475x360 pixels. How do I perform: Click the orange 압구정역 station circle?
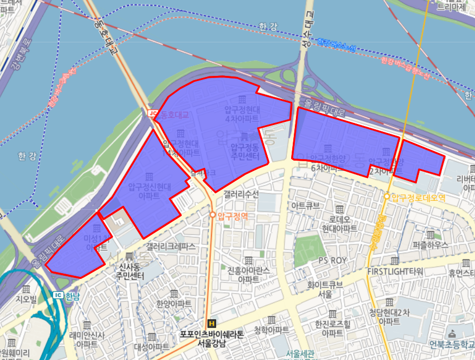[x=213, y=215]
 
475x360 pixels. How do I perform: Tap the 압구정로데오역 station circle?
[x=387, y=197]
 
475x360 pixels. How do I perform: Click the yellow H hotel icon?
[x=212, y=323]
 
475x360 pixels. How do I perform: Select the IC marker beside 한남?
[x=59, y=295]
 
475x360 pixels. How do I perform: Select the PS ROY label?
[x=333, y=261]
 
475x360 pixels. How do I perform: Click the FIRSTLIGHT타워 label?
[x=395, y=272]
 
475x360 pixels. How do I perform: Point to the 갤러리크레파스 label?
[x=170, y=245]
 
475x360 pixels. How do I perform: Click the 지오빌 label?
[x=26, y=299]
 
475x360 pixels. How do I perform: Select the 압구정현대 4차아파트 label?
[x=241, y=114]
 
